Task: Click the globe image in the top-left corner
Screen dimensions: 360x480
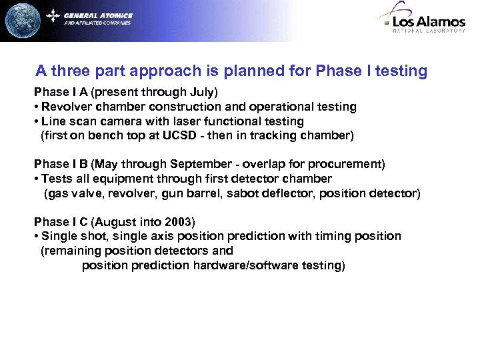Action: [x=22, y=20]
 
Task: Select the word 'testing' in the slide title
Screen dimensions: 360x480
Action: [x=399, y=71]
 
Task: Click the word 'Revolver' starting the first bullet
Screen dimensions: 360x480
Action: [x=65, y=107]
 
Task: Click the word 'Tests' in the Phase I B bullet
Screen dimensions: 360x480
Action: [x=56, y=179]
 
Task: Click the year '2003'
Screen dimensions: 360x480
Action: [x=179, y=221]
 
